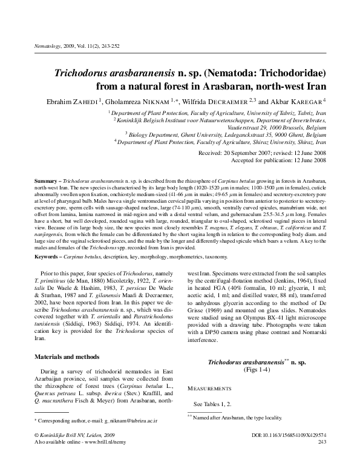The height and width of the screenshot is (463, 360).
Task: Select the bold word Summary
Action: coord(46,182)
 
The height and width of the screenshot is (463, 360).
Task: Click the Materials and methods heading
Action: coord(65,356)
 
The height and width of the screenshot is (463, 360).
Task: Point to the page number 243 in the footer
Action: coord(321,442)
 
